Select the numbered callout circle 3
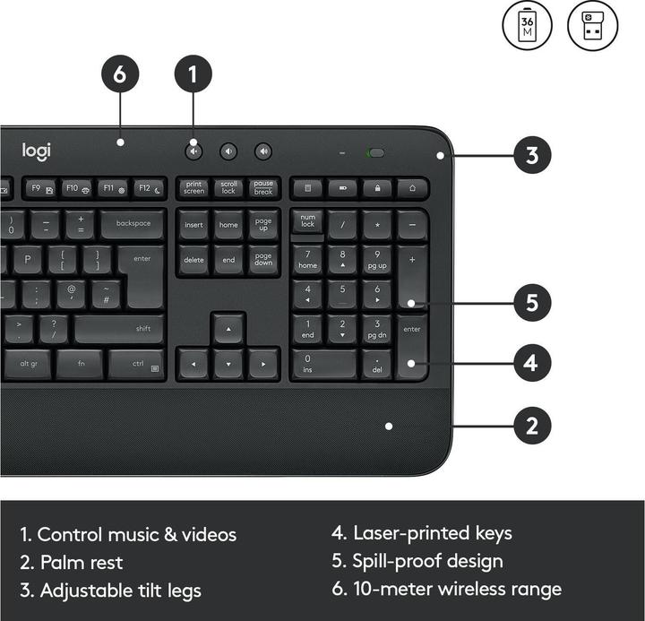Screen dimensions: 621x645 click(x=532, y=155)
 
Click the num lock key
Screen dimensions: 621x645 click(x=307, y=221)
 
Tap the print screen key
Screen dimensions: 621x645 click(x=193, y=188)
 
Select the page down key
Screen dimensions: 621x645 click(x=263, y=260)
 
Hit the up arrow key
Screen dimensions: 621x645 click(x=228, y=330)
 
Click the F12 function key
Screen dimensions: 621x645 click(x=149, y=188)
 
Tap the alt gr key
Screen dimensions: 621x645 click(x=29, y=364)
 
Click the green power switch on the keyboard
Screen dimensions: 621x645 click(x=375, y=152)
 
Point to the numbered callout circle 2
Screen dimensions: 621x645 click(x=532, y=425)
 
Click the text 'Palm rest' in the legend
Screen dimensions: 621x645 click(x=82, y=563)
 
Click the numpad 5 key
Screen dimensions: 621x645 click(x=341, y=294)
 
